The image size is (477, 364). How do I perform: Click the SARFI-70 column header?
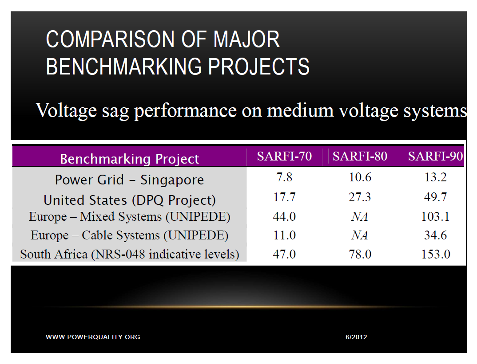point(284,157)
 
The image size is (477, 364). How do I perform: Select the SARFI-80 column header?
point(360,157)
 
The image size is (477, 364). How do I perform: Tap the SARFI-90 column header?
point(435,157)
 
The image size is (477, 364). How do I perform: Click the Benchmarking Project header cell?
point(129,159)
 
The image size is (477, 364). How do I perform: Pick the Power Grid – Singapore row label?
point(129,180)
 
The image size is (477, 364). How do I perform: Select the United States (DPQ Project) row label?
point(130,200)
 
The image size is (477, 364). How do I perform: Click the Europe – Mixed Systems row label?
point(130,217)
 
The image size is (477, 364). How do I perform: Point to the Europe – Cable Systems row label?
point(129,235)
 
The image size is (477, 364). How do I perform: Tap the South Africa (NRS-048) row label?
point(130,254)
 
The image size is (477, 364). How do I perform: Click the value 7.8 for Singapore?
point(284,177)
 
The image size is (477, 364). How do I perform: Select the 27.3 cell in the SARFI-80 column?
point(360,197)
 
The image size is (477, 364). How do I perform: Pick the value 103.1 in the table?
point(435,217)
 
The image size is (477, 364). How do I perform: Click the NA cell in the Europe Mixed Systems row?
point(360,217)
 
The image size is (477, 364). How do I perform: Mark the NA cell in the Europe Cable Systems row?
point(360,235)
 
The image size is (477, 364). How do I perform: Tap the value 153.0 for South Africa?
point(435,254)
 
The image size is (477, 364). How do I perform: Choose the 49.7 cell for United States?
point(435,197)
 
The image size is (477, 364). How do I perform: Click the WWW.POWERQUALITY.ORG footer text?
point(93,337)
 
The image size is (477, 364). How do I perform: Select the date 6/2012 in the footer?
point(356,337)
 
